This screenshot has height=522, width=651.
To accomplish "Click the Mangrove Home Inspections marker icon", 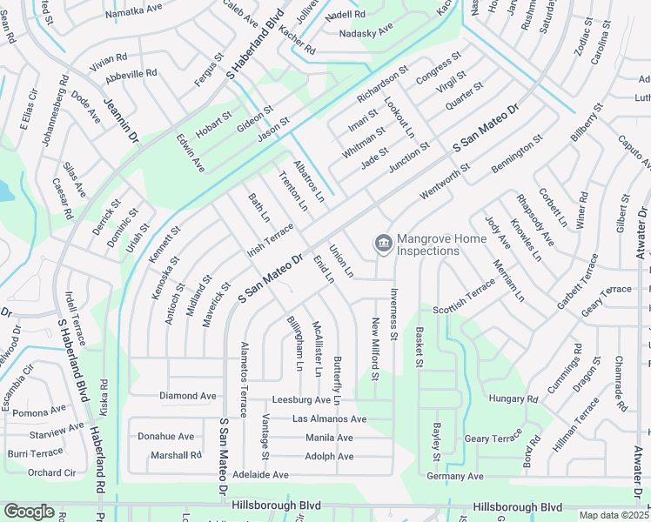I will [x=382, y=244].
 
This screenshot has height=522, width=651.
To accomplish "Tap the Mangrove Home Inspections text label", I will [x=427, y=244].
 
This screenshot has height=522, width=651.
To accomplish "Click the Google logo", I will [x=29, y=512].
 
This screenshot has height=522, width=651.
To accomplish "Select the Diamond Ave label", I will [x=187, y=396].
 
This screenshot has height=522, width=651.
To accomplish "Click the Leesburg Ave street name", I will [x=305, y=400].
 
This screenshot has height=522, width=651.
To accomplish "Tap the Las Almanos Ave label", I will [x=329, y=418].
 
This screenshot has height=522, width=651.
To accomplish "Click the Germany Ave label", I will [x=454, y=476].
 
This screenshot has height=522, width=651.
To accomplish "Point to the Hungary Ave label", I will [x=514, y=398].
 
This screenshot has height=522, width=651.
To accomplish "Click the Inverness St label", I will [x=394, y=313].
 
